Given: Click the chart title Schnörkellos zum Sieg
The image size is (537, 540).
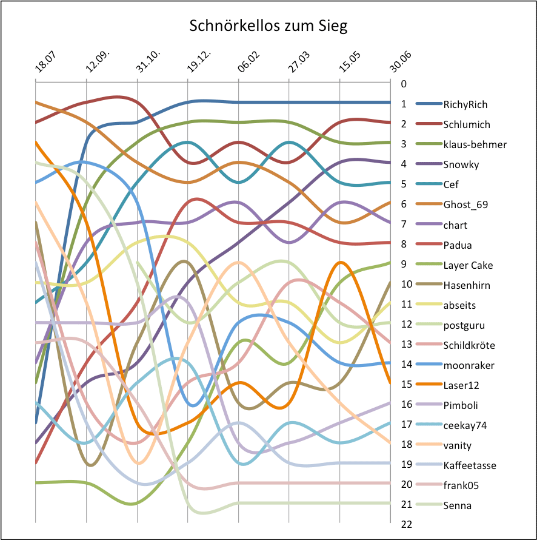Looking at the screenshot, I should [268, 26].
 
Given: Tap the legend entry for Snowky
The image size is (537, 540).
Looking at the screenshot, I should [461, 164].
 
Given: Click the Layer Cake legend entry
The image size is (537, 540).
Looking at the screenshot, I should [468, 265].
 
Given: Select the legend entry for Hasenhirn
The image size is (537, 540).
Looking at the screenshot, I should [467, 285].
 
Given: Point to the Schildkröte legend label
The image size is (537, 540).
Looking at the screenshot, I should [469, 345].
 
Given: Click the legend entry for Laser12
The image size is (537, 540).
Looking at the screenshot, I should [461, 385].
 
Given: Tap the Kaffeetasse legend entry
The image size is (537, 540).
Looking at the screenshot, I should [470, 465].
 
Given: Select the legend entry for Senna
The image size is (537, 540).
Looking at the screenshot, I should [457, 505].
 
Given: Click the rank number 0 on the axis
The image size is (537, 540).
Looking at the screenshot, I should [403, 84].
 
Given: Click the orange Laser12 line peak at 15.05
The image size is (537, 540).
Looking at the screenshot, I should [341, 262].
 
